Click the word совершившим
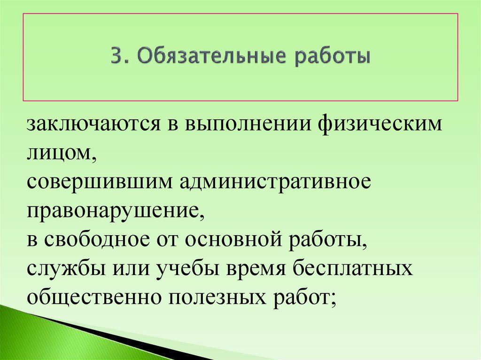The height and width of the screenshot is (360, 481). pos(99,181)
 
